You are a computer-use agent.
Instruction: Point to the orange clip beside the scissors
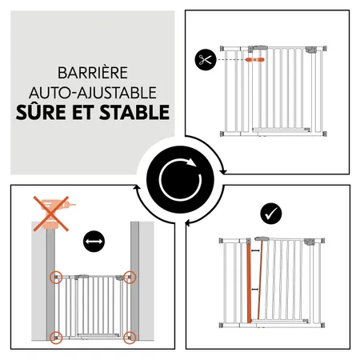point(257,59)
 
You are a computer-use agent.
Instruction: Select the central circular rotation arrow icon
point(179,180)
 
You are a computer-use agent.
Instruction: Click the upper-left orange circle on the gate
point(57,278)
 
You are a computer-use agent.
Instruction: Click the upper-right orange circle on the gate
point(130,278)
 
